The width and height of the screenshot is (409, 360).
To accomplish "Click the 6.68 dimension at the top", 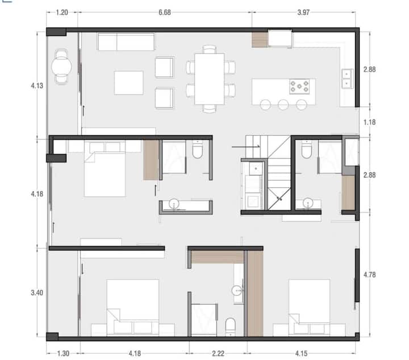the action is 165,13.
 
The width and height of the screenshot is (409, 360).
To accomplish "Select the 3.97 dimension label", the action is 303,13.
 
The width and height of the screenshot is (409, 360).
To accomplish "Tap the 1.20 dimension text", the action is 62,13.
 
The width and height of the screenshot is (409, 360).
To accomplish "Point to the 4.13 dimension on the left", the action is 37,86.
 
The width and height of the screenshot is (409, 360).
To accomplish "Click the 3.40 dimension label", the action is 37,293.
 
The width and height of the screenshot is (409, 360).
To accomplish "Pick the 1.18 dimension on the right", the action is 370,122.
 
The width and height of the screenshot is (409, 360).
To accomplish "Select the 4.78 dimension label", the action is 370,275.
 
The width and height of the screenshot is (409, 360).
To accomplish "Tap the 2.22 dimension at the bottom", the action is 218,354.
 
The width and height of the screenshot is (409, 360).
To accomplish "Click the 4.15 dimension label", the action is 301,354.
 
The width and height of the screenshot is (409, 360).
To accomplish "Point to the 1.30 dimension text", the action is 63,354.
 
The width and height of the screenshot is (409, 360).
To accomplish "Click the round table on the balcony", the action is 61,67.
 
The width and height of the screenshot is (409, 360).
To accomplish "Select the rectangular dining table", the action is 210,79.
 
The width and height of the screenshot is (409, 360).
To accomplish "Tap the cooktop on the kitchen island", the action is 299,86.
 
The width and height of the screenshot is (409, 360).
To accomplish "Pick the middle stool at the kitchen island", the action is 283,105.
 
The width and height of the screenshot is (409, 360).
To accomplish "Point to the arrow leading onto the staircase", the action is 246,147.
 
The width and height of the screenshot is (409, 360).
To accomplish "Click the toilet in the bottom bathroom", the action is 230,326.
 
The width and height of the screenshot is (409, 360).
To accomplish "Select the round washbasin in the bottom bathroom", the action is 237,290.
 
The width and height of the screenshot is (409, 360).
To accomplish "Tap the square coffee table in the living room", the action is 128,82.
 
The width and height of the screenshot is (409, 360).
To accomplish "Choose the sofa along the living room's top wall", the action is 126,42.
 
